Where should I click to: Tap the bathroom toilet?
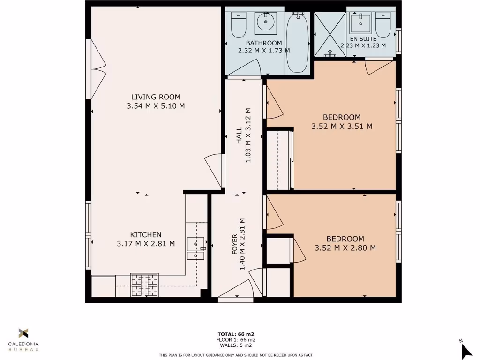pos(239,26)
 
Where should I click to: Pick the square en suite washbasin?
pos(360,22)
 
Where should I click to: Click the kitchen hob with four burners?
pos(144,285)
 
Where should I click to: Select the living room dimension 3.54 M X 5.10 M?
pos(156,106)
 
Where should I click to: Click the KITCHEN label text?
pos(146,234)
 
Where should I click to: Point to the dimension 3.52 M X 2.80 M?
pos(345,248)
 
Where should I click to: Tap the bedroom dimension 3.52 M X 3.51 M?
pos(342,126)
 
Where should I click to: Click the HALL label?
pos(239,135)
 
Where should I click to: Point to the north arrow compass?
pos(466,349)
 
